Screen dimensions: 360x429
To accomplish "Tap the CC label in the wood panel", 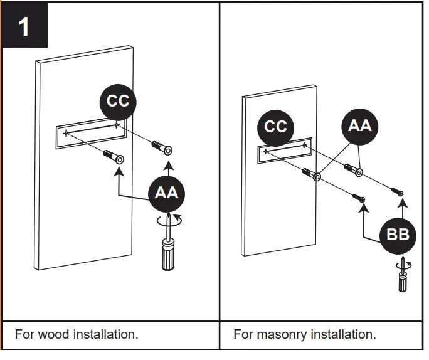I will (118, 101).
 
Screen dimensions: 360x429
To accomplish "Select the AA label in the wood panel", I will (166, 193).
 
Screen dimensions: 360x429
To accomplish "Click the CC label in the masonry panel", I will (275, 127).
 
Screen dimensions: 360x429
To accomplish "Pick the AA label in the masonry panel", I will (360, 125).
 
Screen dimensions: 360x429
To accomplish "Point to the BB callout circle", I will (398, 235).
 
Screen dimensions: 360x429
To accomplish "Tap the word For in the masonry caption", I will (243, 334).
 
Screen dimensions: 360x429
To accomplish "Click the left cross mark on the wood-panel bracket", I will (65, 133).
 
